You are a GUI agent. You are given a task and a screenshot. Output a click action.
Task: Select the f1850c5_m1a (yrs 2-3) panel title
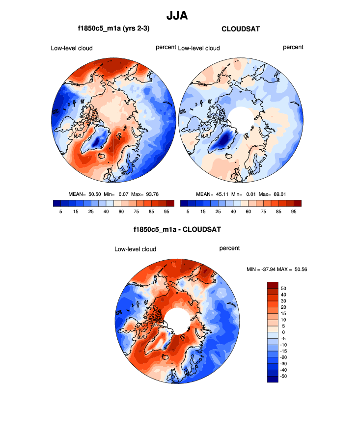pyautogui.click(x=113, y=29)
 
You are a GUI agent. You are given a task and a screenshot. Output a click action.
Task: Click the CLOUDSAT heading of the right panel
pyautogui.click(x=241, y=29)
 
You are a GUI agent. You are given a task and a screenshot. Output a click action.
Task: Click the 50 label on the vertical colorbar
pyautogui.click(x=283, y=288)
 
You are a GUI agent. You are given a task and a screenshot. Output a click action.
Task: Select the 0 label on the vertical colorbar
pyautogui.click(x=283, y=332)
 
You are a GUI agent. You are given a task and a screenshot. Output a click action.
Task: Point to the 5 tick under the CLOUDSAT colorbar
pyautogui.click(x=188, y=211)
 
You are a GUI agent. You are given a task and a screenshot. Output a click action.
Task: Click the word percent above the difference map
pyautogui.click(x=229, y=248)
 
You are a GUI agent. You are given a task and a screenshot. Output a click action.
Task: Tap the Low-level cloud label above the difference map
pyautogui.click(x=135, y=249)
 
